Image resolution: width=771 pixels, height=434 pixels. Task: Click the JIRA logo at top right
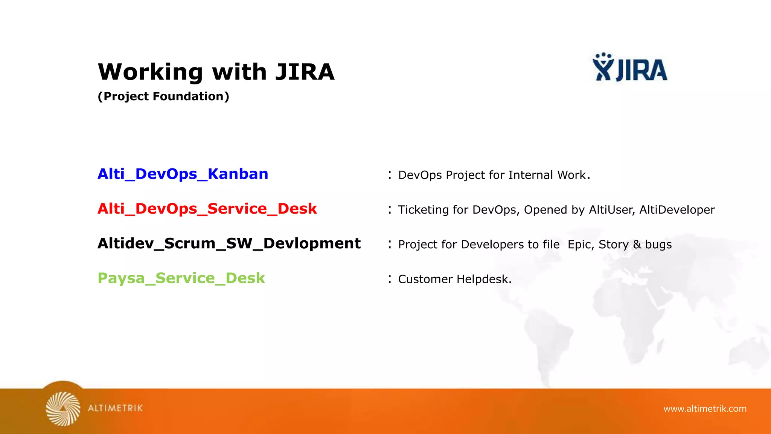(630, 68)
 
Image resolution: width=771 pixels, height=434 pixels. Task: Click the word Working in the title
(150, 72)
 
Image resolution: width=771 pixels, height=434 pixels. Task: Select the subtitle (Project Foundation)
(163, 96)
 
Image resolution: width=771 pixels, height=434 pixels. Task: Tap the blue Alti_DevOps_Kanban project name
(183, 174)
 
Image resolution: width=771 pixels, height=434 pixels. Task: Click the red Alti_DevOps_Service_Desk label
(207, 209)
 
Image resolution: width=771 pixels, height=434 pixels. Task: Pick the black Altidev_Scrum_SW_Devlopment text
(229, 243)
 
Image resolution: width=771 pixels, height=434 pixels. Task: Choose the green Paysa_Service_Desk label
(181, 278)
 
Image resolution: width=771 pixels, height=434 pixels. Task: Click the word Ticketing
(423, 210)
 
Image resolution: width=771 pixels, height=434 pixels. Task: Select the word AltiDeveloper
(677, 210)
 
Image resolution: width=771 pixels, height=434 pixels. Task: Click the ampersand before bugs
(637, 245)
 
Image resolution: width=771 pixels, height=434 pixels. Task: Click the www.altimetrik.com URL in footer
(705, 408)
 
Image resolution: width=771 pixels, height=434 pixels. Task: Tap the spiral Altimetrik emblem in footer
(63, 409)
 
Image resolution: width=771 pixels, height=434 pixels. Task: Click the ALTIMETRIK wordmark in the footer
(116, 408)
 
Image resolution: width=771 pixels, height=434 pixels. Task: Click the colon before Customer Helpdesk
(390, 279)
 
